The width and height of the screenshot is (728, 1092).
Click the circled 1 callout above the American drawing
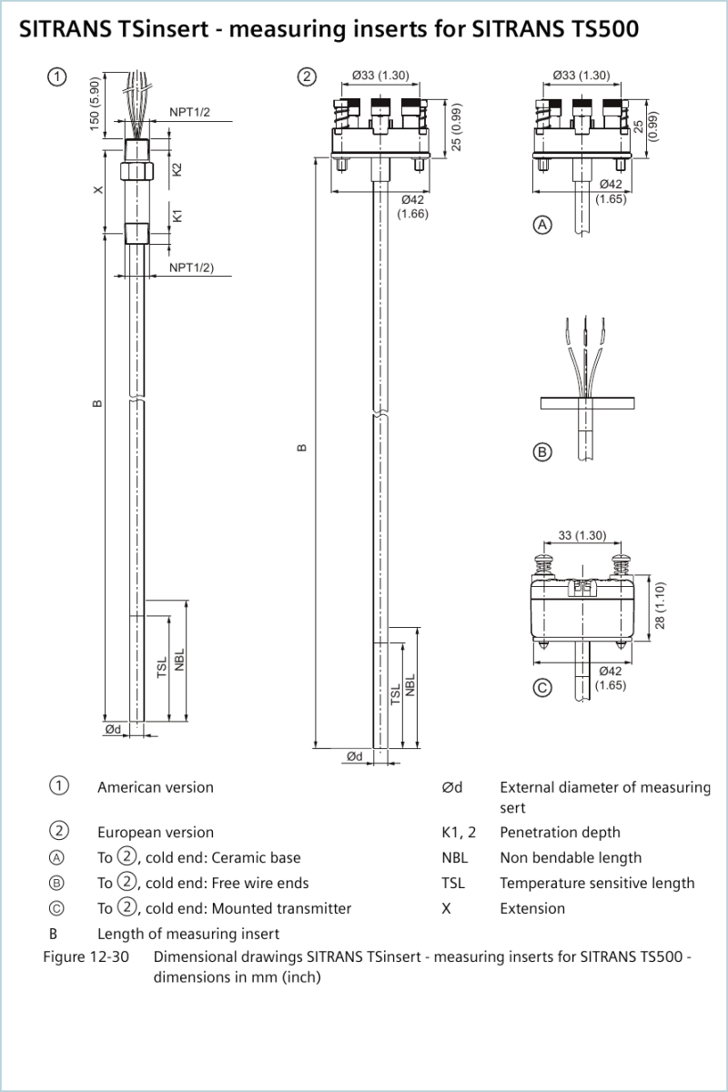point(57,76)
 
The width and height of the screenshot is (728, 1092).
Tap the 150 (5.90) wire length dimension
point(94,104)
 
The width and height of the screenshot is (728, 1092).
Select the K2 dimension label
point(177,169)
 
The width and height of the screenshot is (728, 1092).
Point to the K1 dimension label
point(177,216)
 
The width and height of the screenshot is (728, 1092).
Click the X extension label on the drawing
point(98,189)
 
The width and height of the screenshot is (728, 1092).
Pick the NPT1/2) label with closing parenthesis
point(192,268)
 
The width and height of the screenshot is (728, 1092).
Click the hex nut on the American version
point(136,171)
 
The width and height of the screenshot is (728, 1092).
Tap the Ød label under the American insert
point(113,729)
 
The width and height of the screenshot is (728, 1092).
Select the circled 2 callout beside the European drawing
point(307,76)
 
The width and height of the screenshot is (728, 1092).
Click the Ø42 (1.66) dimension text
point(412,207)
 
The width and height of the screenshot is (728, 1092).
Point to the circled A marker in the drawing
point(542,225)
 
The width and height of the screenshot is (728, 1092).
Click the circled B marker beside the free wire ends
point(542,452)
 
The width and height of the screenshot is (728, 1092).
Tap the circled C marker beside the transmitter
point(542,688)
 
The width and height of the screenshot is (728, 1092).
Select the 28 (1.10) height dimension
point(660,605)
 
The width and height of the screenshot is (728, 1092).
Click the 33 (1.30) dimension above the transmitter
point(582,535)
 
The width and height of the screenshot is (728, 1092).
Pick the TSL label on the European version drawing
point(396,693)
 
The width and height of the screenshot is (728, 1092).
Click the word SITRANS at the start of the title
point(65,29)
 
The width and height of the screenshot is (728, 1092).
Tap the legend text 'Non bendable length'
point(571,857)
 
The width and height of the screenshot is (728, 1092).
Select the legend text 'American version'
point(156,787)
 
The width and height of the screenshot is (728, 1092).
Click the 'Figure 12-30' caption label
point(86,956)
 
